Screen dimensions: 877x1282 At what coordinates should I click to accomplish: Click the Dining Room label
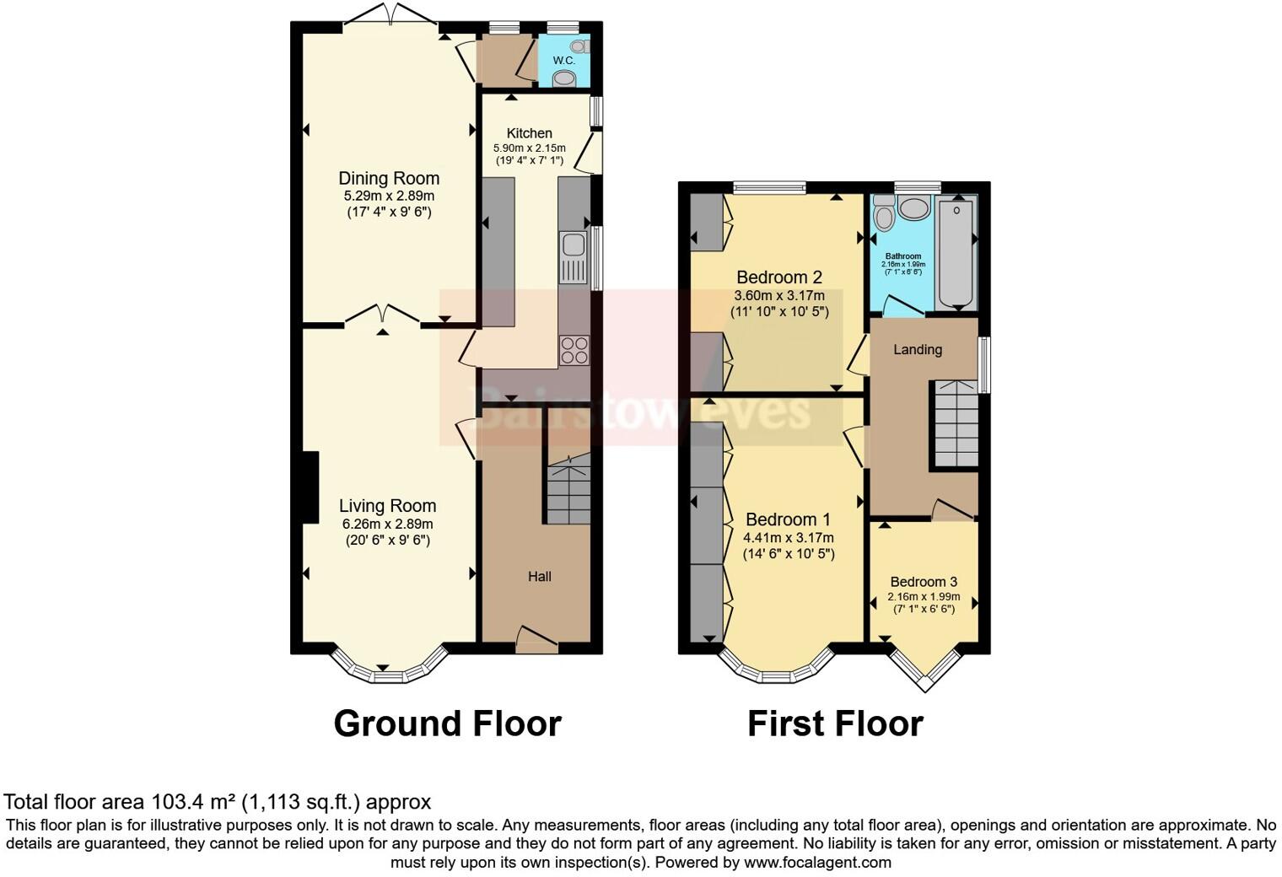point(389,178)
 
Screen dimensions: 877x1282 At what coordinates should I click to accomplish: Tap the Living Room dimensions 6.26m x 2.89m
point(387,524)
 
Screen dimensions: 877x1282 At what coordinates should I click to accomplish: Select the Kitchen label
point(529,133)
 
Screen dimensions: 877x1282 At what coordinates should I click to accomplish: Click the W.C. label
point(563,61)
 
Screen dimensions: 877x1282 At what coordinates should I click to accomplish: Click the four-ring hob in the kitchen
point(574,350)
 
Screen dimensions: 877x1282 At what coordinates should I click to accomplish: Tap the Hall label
point(539,577)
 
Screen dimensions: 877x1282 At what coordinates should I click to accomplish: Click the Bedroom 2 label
point(778,277)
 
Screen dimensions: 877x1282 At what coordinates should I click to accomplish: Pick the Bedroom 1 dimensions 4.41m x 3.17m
point(788,537)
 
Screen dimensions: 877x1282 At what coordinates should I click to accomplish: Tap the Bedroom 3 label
point(924,582)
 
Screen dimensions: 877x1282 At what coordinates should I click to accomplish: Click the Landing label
point(917,349)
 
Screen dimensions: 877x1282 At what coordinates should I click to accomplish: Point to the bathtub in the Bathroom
point(956,254)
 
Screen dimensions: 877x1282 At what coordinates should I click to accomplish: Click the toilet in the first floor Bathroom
point(883,214)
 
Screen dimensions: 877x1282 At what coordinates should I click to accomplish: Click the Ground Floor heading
point(447,724)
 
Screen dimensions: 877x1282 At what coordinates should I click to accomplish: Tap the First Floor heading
point(835,724)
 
